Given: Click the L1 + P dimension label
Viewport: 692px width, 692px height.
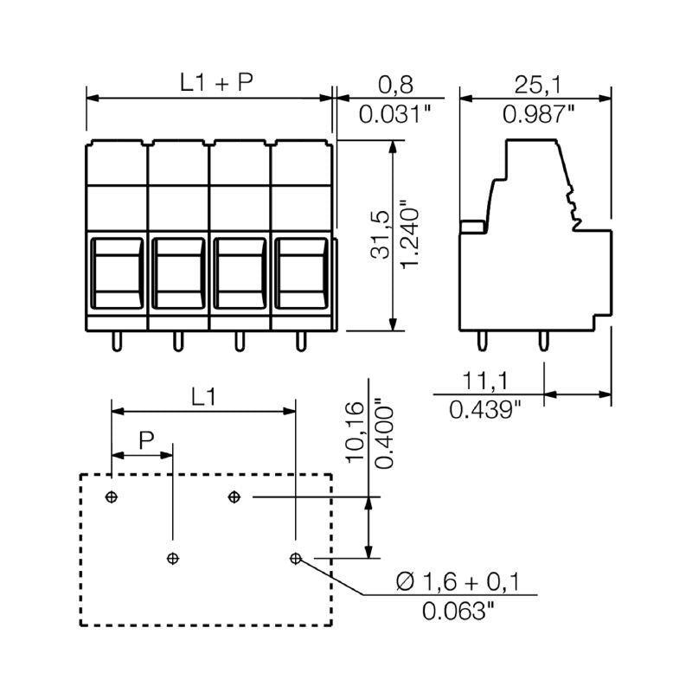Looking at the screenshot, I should pyautogui.click(x=216, y=83).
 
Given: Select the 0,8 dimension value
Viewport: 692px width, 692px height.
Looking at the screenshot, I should pyautogui.click(x=397, y=84).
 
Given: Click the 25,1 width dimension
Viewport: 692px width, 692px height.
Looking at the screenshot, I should pyautogui.click(x=534, y=84).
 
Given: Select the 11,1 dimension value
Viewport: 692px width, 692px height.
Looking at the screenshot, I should pyautogui.click(x=485, y=379).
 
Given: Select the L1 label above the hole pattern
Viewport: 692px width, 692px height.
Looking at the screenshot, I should pyautogui.click(x=202, y=397).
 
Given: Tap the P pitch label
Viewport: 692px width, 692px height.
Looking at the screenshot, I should pyautogui.click(x=146, y=440).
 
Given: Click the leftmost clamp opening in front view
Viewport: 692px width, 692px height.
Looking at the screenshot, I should pyautogui.click(x=117, y=270).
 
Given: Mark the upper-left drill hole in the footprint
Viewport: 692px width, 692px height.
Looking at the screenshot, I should pyautogui.click(x=111, y=497).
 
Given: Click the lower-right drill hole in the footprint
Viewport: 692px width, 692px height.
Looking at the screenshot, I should pyautogui.click(x=296, y=559).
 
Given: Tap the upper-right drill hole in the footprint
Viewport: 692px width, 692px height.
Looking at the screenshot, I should pyautogui.click(x=234, y=497).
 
